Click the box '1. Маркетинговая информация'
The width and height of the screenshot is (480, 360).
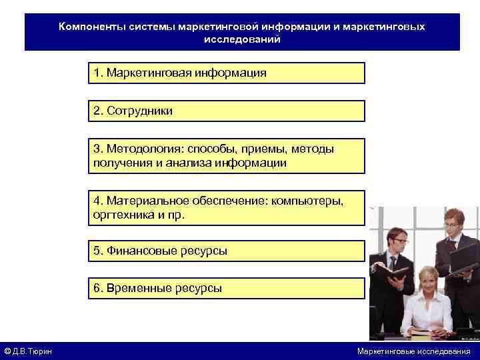pos(227,73)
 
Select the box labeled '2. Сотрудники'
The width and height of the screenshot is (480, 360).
pos(227,111)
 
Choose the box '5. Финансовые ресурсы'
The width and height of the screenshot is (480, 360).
pos(227,251)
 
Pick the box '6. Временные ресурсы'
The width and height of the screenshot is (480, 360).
pos(227,288)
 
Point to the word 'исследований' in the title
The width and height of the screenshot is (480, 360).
pos(242,39)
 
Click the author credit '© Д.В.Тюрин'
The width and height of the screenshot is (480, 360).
pos(29,351)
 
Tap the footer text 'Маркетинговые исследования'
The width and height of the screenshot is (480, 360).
pos(413,351)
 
